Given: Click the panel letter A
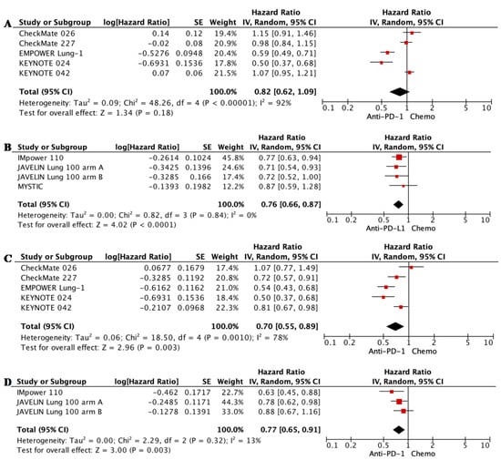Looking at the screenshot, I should coord(7,8).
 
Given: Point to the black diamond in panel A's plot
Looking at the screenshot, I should coord(398,90).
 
